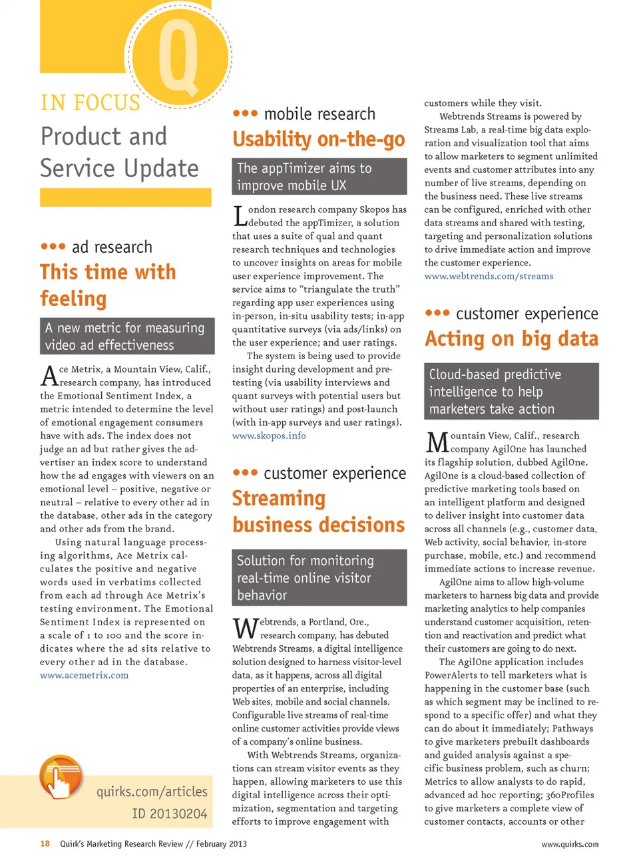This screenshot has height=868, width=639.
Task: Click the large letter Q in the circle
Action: pos(178,59)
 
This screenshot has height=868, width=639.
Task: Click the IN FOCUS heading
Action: pos(91,103)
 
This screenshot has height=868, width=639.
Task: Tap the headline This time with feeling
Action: pos(108,285)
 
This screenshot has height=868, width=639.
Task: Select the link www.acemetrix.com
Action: pos(84,675)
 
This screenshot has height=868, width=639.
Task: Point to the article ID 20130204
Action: pos(169,813)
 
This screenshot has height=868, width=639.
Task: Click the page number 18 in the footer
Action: pos(45,844)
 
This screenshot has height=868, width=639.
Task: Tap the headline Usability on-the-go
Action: pos(318,139)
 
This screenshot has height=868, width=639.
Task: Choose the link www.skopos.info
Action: pos(269,436)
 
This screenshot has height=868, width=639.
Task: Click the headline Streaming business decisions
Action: pos(318,511)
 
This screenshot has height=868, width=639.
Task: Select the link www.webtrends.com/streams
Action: pos(489,276)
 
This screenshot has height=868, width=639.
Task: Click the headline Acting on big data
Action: pos(511,339)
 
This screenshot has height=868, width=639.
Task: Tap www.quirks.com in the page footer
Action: pos(570,844)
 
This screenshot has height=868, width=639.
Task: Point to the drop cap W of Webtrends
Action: pos(245,629)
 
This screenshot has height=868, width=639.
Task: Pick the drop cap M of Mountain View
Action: pos(437,442)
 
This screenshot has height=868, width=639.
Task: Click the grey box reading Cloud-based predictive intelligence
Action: pos(511,391)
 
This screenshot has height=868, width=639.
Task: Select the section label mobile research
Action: pos(319,114)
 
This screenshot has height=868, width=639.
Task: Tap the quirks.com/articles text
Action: pos(152,792)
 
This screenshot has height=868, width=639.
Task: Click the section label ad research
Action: pos(111,247)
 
